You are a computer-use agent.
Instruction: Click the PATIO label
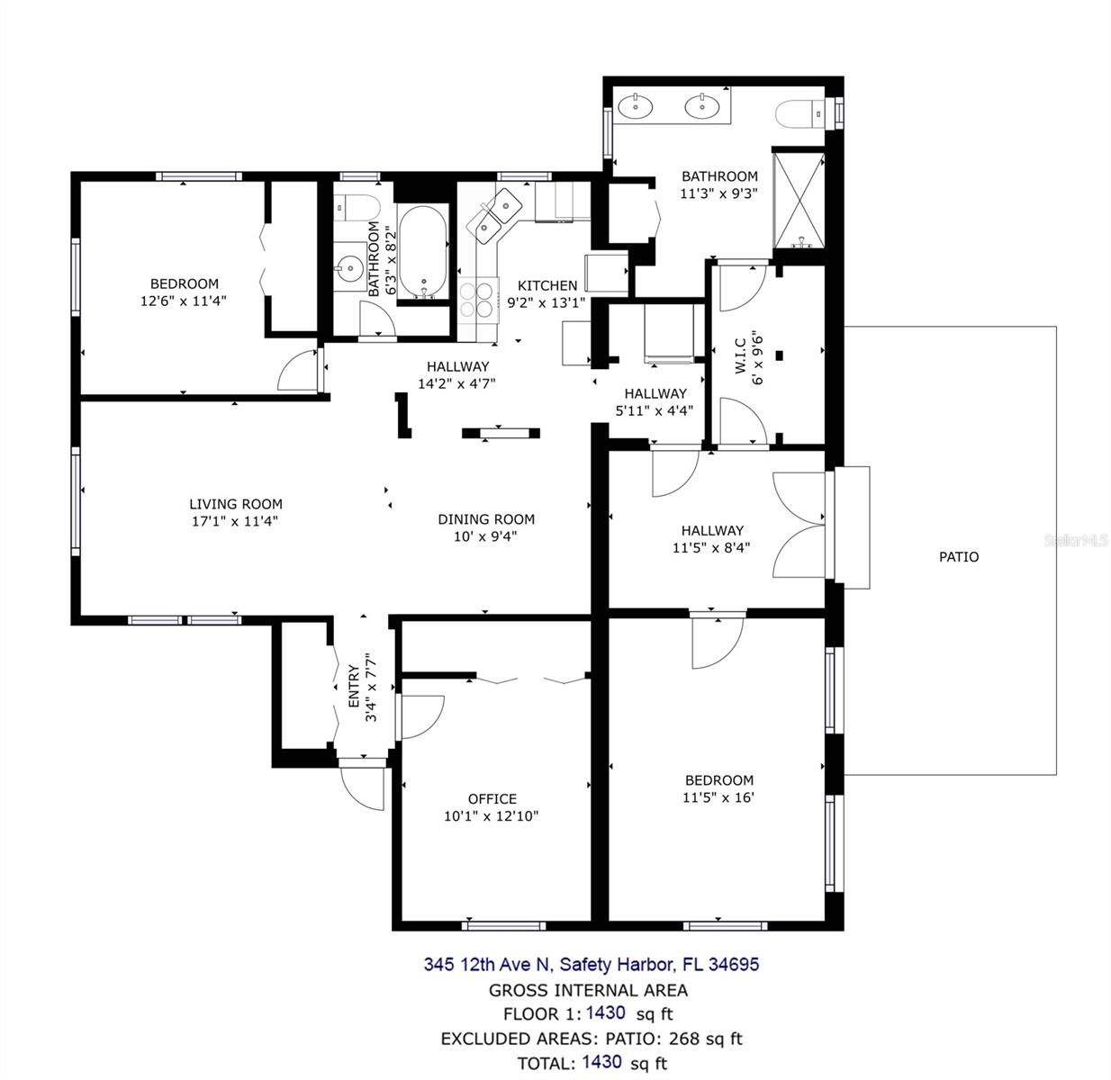coord(958,556)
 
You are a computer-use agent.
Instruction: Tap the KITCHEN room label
coord(546,284)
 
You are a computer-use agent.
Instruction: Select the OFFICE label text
coord(492,798)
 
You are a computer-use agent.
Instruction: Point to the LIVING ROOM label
coord(235,504)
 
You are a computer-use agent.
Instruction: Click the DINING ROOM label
coord(486,519)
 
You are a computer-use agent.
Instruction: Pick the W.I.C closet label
coord(740,355)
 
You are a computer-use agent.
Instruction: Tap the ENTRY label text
coord(354,686)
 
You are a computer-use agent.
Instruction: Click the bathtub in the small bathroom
coord(421,252)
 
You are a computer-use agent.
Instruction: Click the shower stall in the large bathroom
coord(799,200)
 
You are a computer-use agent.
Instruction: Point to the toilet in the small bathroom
coord(357,209)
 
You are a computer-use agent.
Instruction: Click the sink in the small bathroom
coord(349,266)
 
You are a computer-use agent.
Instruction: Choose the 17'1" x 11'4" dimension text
coord(235,520)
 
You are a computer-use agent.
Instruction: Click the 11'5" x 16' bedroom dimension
coord(718,796)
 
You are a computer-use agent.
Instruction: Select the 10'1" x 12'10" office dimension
coord(491,815)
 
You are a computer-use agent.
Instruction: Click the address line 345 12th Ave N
coord(485,964)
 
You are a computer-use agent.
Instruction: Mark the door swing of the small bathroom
coord(378,319)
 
